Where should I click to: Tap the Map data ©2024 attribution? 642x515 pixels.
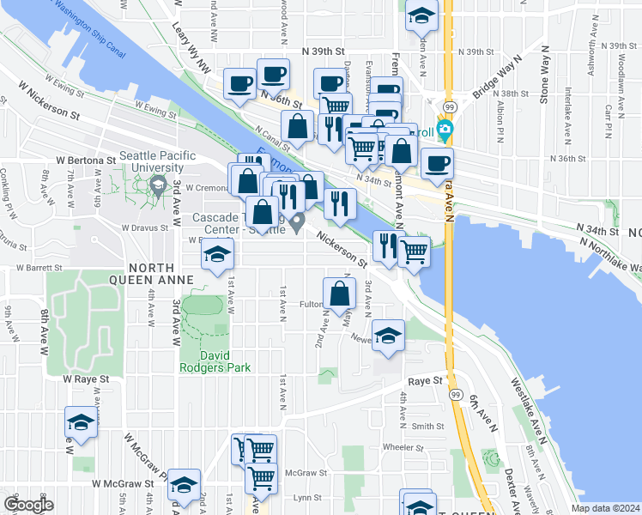(x=605, y=508)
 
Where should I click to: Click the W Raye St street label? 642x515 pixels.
(x=86, y=379)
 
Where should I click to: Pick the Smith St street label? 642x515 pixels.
(x=427, y=426)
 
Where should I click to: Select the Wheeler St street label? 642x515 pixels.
(x=403, y=446)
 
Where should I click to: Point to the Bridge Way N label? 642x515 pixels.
(x=497, y=76)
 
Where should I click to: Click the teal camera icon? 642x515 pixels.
(x=445, y=131)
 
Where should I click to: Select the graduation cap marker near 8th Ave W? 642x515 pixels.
(x=80, y=423)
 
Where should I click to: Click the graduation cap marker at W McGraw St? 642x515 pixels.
(x=183, y=485)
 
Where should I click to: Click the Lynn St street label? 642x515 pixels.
(x=306, y=498)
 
